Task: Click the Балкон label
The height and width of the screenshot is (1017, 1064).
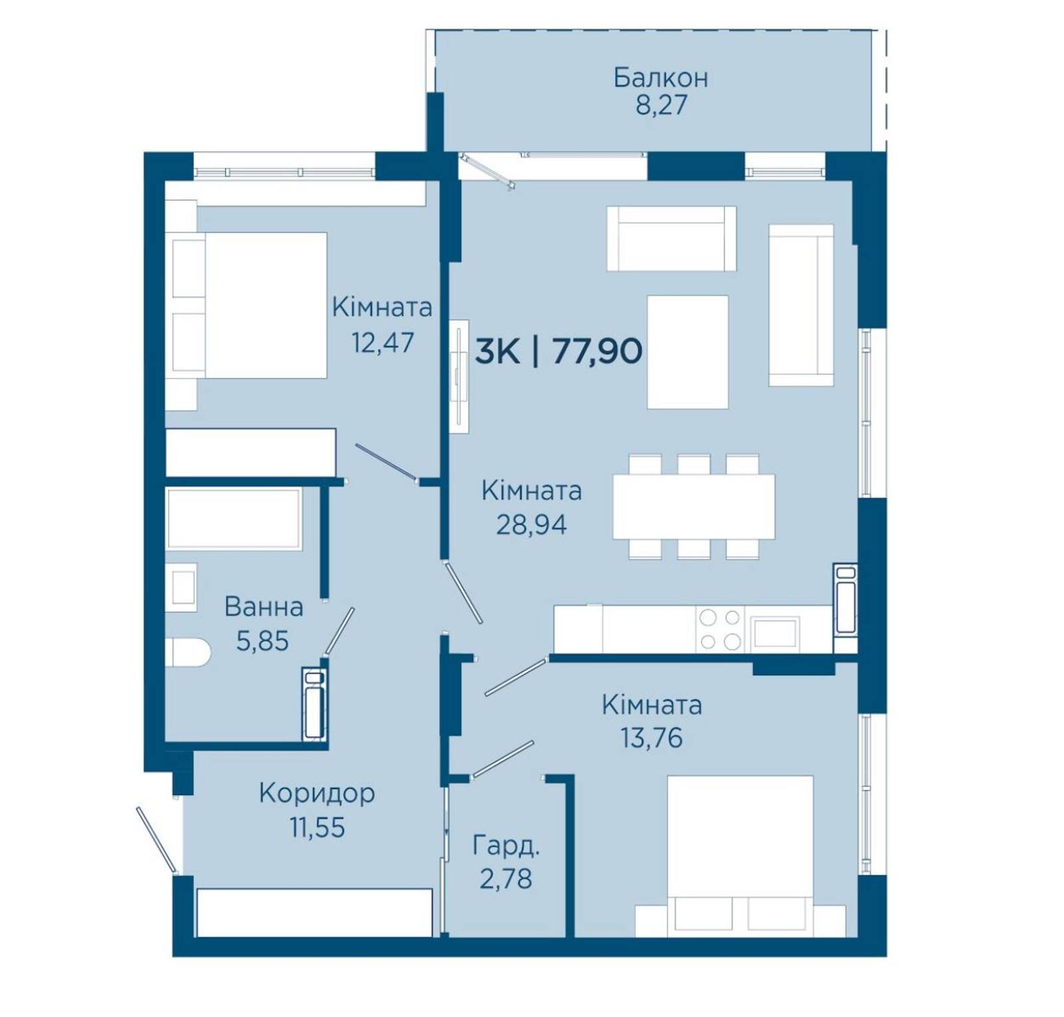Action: [x=660, y=78]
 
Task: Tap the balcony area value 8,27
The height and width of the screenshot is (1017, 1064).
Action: [x=661, y=106]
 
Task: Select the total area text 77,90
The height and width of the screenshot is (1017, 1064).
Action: [x=597, y=351]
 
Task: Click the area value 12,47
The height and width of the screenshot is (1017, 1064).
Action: [x=382, y=342]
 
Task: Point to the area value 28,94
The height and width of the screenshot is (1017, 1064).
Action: [x=531, y=524]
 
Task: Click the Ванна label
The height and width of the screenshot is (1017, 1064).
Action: [x=264, y=607]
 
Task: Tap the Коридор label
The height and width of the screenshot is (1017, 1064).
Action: [x=317, y=793]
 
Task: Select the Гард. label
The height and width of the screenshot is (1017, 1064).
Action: [x=506, y=846]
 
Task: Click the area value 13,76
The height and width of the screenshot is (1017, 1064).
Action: [x=651, y=738]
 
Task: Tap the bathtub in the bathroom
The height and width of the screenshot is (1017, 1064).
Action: [x=234, y=518]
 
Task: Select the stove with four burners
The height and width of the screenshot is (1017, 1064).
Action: [x=720, y=629]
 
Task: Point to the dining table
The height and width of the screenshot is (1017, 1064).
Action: [x=694, y=507]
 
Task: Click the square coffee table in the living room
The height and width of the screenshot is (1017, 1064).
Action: [x=688, y=352]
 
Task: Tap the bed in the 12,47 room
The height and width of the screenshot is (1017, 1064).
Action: [x=247, y=305]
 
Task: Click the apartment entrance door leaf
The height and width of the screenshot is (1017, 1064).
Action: [x=157, y=840]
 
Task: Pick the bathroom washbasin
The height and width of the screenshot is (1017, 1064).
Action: [x=181, y=587]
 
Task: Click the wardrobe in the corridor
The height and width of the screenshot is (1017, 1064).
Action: [x=315, y=912]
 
